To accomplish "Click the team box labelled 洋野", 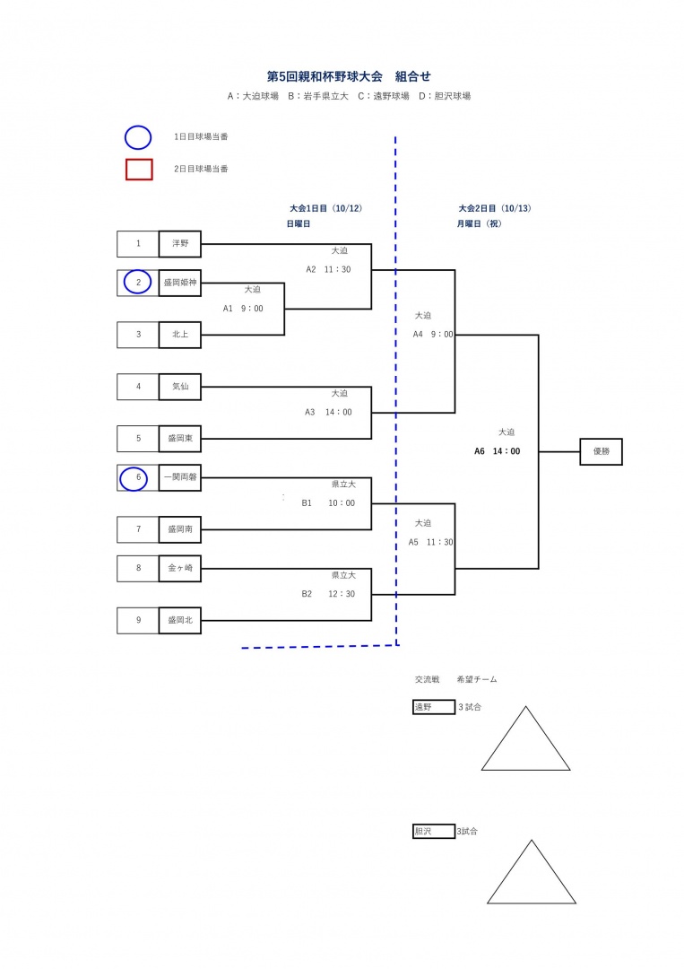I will (180, 244).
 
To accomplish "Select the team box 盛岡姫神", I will (180, 283).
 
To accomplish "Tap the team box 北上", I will (180, 335).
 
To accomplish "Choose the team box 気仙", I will (180, 387).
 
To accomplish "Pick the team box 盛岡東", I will (180, 439).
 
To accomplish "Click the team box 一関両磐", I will (180, 478).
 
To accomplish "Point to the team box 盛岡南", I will (180, 529).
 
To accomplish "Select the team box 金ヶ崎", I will (180, 569).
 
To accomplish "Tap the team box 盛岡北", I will (180, 620).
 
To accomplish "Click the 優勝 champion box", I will (601, 451).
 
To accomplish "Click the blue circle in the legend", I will (138, 137).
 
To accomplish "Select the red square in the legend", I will (139, 169).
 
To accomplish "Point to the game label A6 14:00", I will (498, 451).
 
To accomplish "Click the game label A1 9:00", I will (243, 309).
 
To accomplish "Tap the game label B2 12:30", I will (328, 594).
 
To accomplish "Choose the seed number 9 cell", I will (138, 620).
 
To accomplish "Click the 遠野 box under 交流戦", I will (434, 707).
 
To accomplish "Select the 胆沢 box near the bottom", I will (434, 832).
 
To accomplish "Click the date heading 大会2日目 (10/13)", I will (495, 208).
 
